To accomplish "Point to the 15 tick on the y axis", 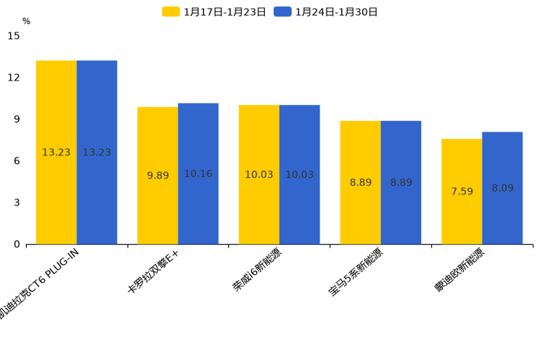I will coord(14,36).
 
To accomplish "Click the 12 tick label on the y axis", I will coord(14,78).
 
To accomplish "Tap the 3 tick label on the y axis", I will coord(17,202).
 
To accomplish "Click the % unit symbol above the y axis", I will coord(26,22).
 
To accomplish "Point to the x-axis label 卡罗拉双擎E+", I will coord(152,270).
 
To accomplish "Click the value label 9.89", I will coord(157,176).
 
